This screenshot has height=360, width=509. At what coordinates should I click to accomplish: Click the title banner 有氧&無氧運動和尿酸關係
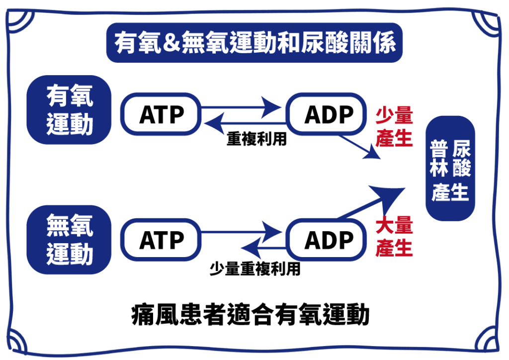[254, 43]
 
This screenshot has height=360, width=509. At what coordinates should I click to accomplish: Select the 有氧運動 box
[69, 110]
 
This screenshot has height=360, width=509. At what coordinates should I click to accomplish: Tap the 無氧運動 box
[69, 240]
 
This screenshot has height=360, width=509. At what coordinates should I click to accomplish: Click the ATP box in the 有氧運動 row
[161, 114]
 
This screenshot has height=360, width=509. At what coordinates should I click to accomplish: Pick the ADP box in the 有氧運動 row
[327, 114]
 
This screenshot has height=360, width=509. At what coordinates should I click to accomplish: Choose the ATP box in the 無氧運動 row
[161, 240]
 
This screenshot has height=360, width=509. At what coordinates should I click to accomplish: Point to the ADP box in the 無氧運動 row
[327, 240]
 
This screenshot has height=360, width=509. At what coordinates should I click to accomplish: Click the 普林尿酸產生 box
[450, 169]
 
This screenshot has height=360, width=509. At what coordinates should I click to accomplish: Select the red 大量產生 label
[394, 236]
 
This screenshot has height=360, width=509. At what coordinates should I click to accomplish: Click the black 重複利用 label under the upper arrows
[256, 139]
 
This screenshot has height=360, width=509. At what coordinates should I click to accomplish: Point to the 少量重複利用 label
[255, 269]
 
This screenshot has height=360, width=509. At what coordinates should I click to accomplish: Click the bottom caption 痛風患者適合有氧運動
[251, 314]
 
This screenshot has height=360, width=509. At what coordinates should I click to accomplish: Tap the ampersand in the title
[171, 43]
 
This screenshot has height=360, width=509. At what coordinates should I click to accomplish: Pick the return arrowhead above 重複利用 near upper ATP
[214, 123]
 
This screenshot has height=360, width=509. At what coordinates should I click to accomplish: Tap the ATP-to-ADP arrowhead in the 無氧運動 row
[271, 232]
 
